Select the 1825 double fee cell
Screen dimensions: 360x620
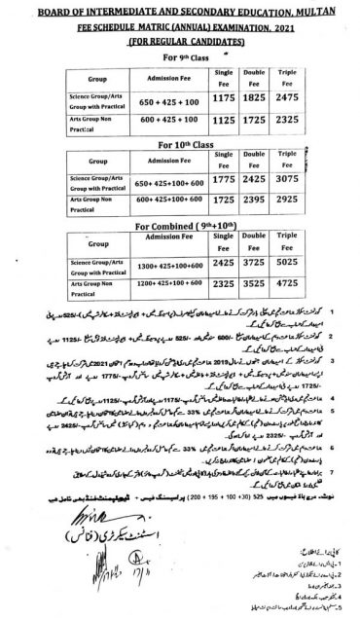[x=256, y=99]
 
